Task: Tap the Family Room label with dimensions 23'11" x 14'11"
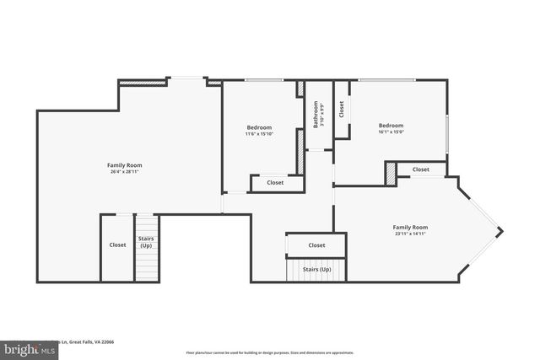point(410,230)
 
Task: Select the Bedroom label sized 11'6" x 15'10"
point(259,131)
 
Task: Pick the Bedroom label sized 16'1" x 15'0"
point(391,128)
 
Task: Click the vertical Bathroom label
point(316,114)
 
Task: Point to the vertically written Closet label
point(342,109)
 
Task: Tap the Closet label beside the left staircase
point(117,245)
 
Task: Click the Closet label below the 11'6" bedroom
point(275,183)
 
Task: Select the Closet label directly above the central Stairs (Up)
point(316,245)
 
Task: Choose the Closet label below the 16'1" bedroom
point(421,170)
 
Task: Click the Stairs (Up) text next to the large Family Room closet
point(146,242)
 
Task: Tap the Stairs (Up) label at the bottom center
point(316,270)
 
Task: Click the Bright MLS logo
point(25,347)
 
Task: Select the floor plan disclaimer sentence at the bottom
point(269,352)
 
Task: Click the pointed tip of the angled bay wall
point(502,229)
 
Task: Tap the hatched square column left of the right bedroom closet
point(390,172)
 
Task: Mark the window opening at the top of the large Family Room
point(186,80)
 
